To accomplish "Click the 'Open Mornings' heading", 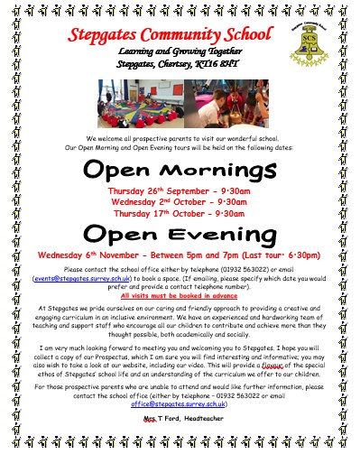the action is coord(180,171).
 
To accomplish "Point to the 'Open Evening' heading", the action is coord(180,236).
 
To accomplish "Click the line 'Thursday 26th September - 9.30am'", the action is coord(180,192).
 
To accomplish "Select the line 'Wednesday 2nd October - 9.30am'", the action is coord(180,202).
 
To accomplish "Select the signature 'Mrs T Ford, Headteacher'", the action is coord(180,421).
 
